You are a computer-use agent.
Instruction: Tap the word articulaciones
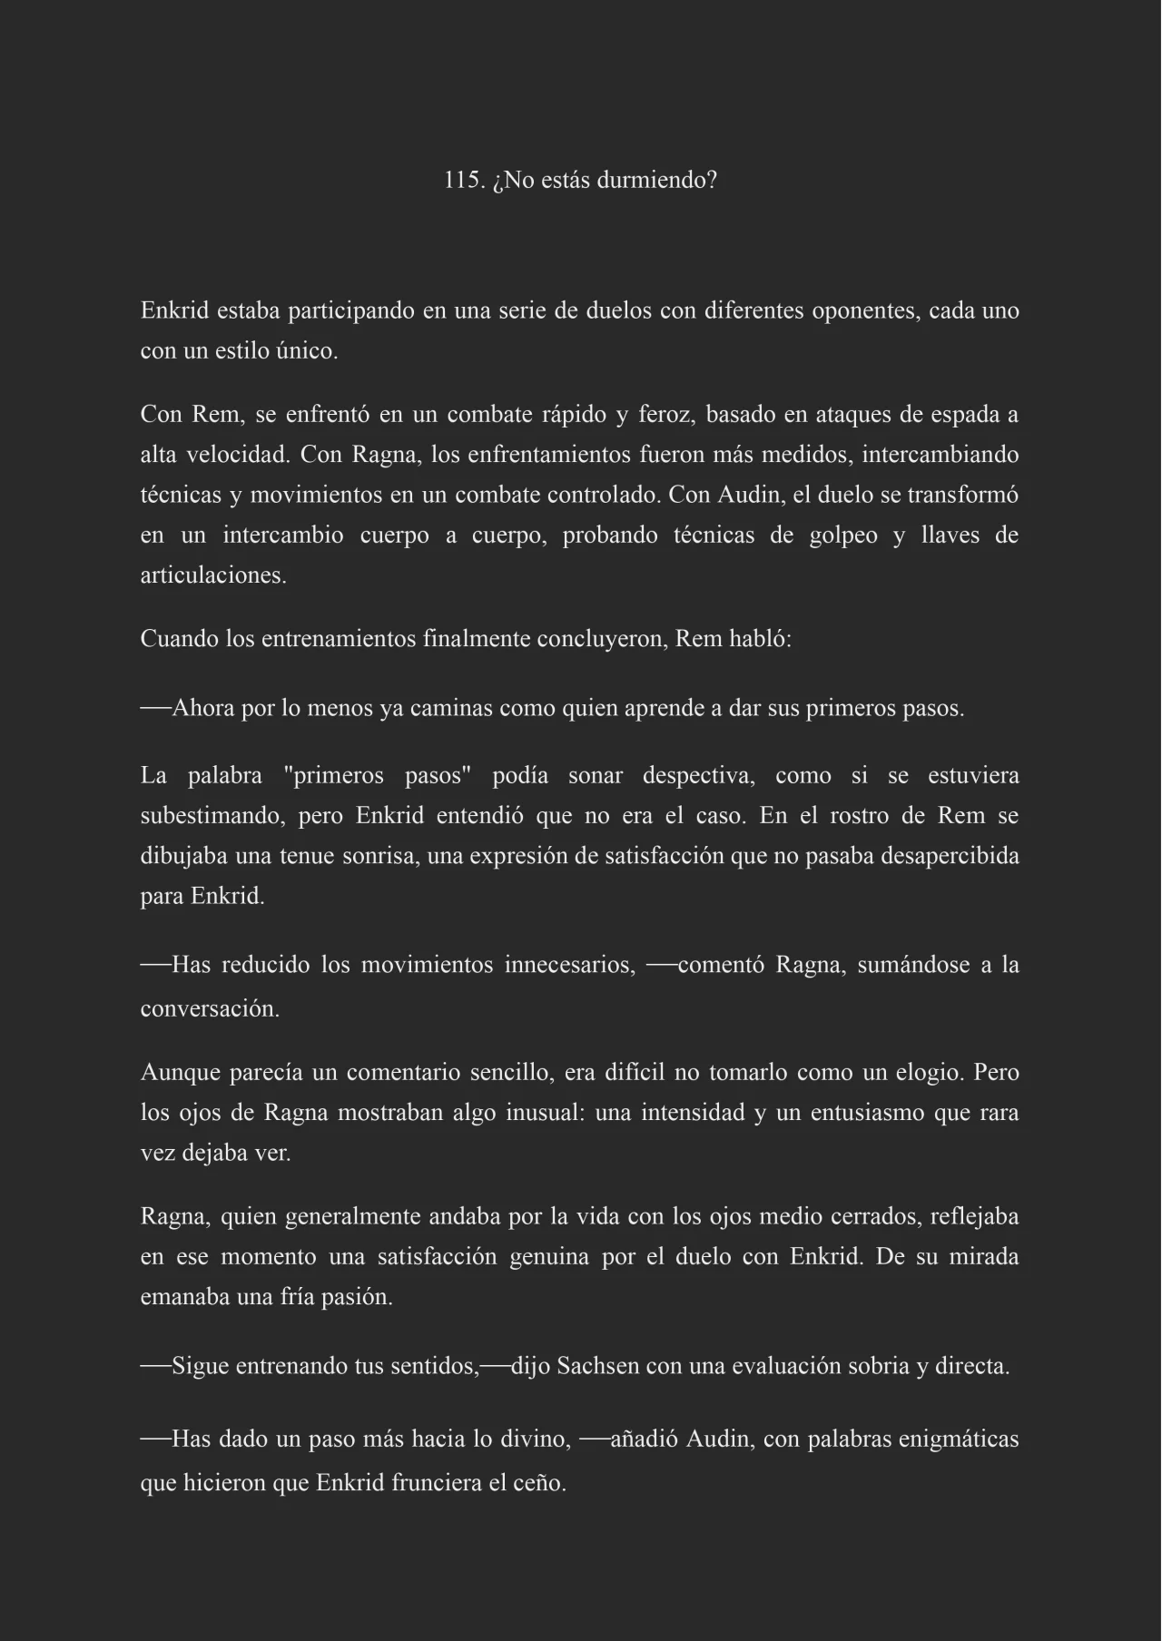(213, 575)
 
